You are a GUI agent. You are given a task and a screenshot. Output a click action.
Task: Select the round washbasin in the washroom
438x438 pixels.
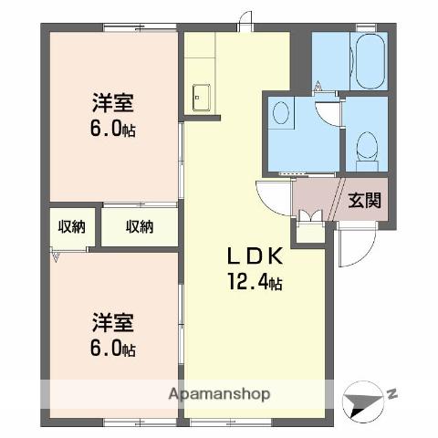tap(281, 113)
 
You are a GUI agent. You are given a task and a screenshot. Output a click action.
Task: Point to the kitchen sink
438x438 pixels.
tap(201, 96)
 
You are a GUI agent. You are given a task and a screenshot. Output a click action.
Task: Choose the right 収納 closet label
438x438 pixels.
tap(139, 226)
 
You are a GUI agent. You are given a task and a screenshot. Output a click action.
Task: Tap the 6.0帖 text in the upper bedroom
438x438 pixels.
tap(113, 128)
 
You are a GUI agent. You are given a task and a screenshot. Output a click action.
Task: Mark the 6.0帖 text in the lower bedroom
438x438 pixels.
tap(113, 349)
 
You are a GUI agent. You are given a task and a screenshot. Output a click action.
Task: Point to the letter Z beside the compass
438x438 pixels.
tap(392, 394)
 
